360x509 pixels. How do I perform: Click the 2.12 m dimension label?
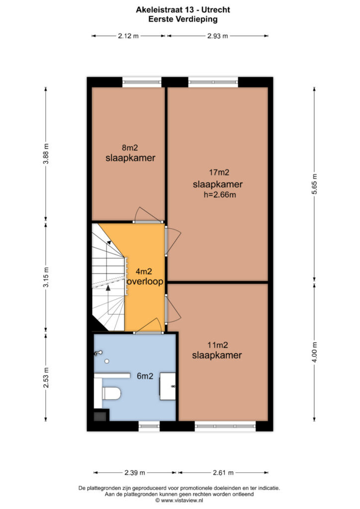[x=128, y=36]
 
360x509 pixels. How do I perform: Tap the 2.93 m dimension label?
[x=217, y=36]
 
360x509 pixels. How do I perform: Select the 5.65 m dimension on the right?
[x=314, y=184]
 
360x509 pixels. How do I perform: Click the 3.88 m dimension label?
[x=46, y=154]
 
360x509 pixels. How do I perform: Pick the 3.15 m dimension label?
[x=46, y=277]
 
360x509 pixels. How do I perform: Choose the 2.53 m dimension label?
[x=46, y=378]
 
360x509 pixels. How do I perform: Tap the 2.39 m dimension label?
[x=135, y=473]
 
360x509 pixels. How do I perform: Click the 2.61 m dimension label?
[x=223, y=473]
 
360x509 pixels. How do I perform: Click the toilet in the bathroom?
[x=111, y=394]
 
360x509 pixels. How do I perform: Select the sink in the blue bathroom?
[x=168, y=386]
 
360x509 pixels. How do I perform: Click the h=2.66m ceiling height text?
[x=220, y=195]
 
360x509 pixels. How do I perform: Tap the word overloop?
[x=145, y=281]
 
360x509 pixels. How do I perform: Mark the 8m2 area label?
[x=130, y=148]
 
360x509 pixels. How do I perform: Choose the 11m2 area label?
[x=218, y=345]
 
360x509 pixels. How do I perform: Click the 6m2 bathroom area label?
[x=145, y=376]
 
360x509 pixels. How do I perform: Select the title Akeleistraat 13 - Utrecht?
[x=183, y=10]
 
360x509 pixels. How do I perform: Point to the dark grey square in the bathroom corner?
[x=100, y=416]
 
